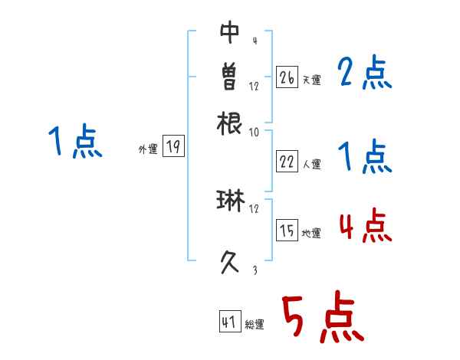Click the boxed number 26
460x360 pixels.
click(287, 77)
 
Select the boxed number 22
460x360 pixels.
click(287, 162)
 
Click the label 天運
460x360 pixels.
click(312, 80)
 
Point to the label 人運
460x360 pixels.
click(312, 164)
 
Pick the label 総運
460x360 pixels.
click(255, 325)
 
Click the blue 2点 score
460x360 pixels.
click(365, 74)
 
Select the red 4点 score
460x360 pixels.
click(365, 226)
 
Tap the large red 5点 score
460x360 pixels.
click(322, 318)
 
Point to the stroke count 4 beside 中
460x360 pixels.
click(254, 41)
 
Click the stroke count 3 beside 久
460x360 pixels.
click(254, 270)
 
